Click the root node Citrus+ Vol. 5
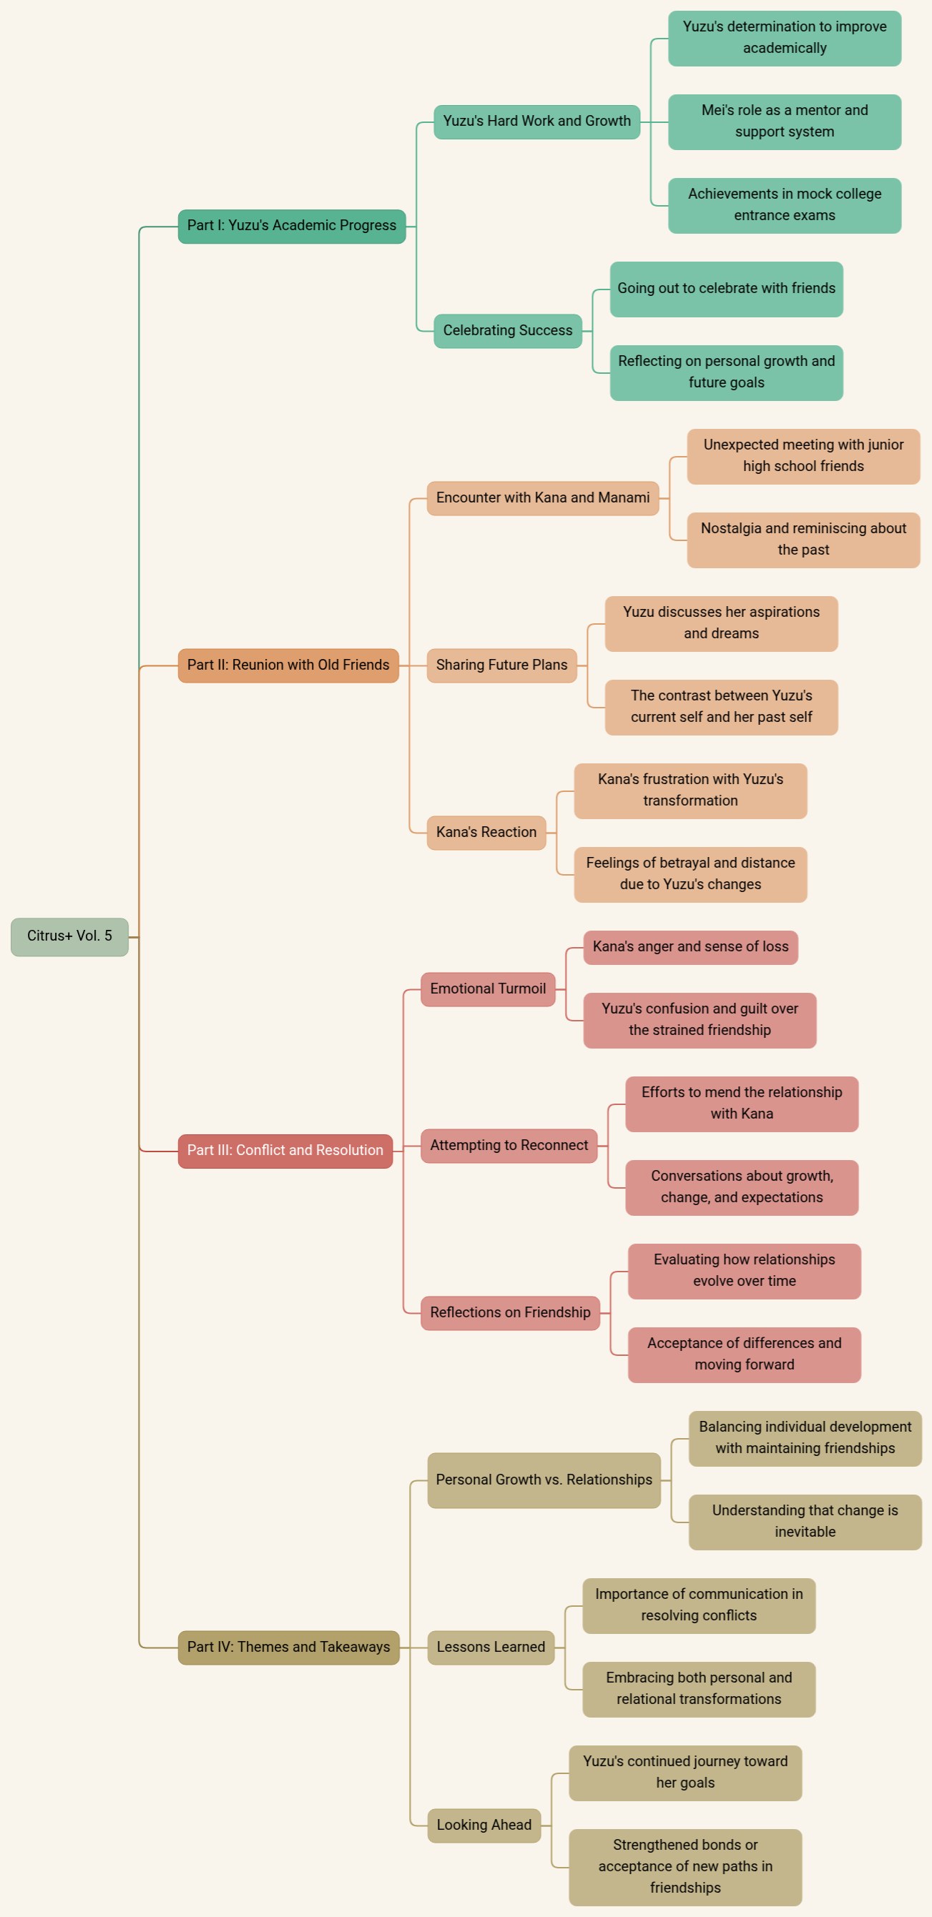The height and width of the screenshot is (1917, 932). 69,936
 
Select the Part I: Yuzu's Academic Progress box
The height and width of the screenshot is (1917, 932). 292,225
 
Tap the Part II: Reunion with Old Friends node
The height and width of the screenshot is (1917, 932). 288,665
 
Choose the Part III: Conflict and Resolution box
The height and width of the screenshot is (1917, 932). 285,1151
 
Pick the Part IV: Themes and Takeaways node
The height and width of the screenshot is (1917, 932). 289,1648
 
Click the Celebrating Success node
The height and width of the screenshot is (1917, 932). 508,330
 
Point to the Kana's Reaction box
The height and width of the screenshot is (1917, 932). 486,832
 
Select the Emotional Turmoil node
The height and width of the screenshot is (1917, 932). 488,989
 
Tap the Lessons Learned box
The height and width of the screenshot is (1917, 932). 491,1648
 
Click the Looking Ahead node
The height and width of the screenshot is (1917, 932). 484,1826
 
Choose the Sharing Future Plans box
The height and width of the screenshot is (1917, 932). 501,665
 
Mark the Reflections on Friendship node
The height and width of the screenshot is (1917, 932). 510,1313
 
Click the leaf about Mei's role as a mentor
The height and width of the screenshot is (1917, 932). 785,122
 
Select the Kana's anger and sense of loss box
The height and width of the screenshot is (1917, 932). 691,947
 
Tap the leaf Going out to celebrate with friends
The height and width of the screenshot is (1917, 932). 727,289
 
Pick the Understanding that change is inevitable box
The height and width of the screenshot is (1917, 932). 805,1522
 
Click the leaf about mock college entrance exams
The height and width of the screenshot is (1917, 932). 785,205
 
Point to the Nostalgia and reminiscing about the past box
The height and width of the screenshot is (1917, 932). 804,540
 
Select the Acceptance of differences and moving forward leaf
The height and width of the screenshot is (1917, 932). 745,1354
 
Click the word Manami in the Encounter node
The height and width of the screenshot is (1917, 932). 624,498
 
